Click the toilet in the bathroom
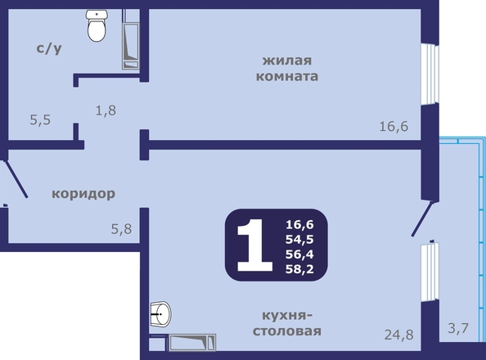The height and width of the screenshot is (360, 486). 97,25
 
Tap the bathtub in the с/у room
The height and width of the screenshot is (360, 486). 130,46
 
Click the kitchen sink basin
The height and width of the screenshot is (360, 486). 161,314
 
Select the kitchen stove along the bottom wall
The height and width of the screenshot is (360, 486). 191,342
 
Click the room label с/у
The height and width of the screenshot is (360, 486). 49,48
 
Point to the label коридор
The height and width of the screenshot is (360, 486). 83,194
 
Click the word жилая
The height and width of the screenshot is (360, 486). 287,61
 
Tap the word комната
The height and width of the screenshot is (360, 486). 287,76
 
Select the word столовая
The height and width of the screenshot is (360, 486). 287,331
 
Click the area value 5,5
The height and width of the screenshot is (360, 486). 40,119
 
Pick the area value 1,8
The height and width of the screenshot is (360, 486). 106,110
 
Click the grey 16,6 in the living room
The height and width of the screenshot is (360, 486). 394,127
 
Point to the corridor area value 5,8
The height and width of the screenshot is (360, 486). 121,229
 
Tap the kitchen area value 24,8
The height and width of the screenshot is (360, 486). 399,335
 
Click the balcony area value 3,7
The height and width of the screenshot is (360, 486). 458,328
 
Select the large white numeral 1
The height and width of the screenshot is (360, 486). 254,245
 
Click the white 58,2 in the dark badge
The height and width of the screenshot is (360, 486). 299,269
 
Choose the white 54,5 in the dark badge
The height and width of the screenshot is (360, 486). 299,240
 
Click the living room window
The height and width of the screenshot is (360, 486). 430,74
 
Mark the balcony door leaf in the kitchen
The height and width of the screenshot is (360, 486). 422,218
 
